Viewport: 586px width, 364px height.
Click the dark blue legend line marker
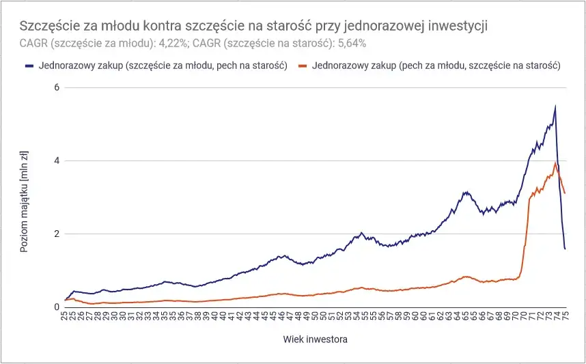tap(29, 66)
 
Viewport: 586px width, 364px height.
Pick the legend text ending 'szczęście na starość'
tap(436, 66)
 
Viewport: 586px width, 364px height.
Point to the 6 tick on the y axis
tap(57, 87)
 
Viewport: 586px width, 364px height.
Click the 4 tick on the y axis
tap(57, 161)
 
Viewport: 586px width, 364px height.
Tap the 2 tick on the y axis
tap(57, 234)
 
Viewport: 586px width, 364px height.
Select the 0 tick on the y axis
tap(57, 307)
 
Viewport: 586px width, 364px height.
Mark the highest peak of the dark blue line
tap(555, 106)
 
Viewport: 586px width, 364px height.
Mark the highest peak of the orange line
tap(556, 163)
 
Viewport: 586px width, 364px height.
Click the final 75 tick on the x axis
tap(566, 318)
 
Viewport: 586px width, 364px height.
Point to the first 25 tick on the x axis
tap(65, 318)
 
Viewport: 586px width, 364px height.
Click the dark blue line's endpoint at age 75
tap(565, 249)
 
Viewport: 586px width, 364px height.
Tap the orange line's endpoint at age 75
tap(565, 193)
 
